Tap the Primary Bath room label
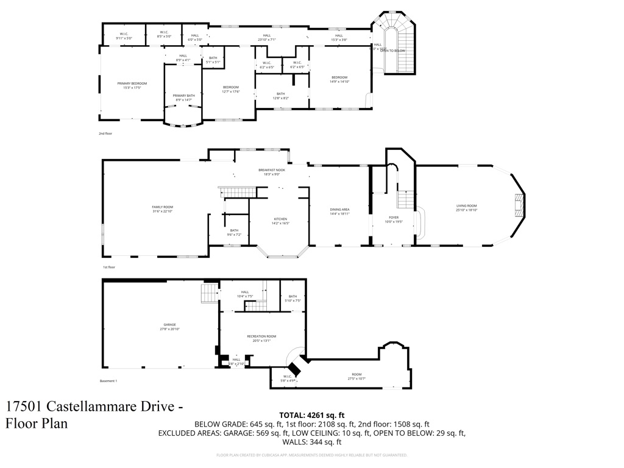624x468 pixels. (183, 96)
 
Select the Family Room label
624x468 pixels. (163, 207)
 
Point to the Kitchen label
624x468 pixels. (280, 219)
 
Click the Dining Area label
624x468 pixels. (339, 210)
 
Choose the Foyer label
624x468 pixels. (394, 218)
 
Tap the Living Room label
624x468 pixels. (467, 206)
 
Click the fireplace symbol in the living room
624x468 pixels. (519, 206)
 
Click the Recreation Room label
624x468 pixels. (261, 336)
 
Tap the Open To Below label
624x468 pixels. (392, 51)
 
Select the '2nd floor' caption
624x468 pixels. (105, 133)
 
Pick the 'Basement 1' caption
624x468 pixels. (108, 381)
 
